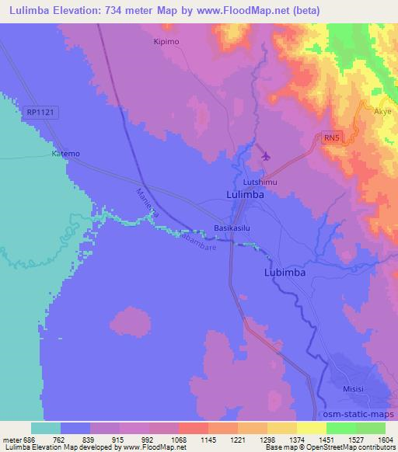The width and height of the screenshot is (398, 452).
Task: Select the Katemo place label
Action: coord(65,154)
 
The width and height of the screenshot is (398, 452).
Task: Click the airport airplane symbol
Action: coord(267,156)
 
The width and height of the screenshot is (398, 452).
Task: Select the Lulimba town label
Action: coord(244,196)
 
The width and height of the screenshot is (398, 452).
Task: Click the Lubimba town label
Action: coord(284,273)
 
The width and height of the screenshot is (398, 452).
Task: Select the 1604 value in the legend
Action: coord(384,440)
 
